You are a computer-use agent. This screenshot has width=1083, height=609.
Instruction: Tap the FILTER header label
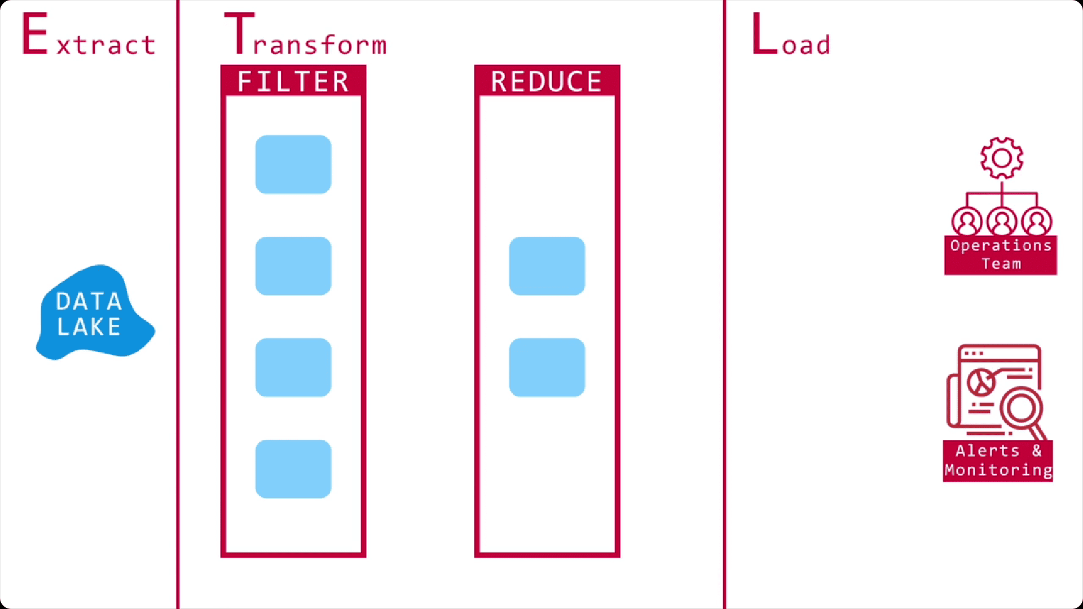click(293, 81)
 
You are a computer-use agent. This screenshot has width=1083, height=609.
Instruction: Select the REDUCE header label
click(547, 81)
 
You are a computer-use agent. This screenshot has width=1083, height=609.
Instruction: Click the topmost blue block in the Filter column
click(293, 164)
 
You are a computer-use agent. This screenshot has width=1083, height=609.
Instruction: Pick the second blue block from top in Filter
click(293, 266)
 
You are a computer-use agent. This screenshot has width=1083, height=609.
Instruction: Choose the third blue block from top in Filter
click(293, 367)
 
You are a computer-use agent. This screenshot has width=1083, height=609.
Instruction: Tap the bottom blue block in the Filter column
click(293, 469)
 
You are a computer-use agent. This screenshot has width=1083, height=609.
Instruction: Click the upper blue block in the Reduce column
click(547, 266)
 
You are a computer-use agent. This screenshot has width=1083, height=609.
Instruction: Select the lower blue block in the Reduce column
click(547, 367)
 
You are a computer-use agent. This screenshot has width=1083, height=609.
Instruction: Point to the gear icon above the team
click(1001, 158)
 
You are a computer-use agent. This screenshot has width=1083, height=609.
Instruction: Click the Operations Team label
click(1001, 255)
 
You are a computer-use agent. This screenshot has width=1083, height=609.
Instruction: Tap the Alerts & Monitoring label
click(998, 460)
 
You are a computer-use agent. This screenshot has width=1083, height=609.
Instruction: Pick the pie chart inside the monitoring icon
click(981, 382)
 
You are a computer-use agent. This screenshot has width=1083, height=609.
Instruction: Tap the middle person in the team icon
click(1002, 222)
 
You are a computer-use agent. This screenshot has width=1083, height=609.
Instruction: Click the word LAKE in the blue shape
click(89, 327)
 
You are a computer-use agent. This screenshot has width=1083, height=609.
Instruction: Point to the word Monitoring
click(998, 470)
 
